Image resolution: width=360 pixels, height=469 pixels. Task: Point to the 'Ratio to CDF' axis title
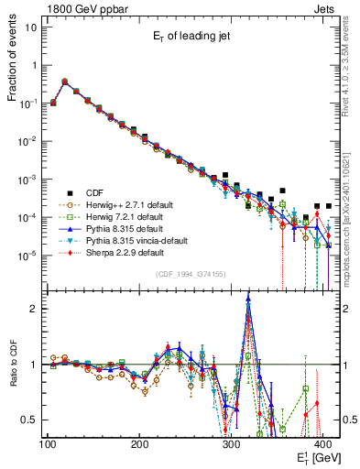pos(14,365)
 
